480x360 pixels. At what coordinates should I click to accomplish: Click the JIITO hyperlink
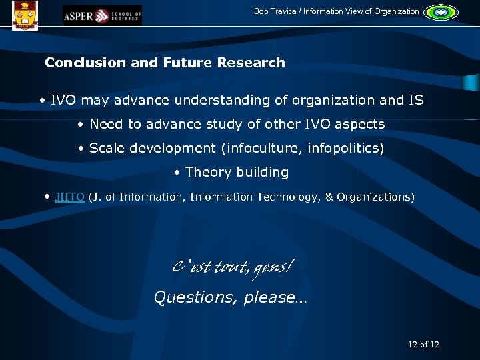pyautogui.click(x=69, y=197)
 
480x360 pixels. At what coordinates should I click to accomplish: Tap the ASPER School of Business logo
pyautogui.click(x=101, y=15)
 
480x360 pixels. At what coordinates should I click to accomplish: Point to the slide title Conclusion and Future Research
pyautogui.click(x=165, y=63)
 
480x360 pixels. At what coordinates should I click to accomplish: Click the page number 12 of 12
pyautogui.click(x=423, y=345)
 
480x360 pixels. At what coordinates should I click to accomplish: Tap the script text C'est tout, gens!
pyautogui.click(x=231, y=268)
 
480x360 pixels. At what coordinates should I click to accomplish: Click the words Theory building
pyautogui.click(x=237, y=172)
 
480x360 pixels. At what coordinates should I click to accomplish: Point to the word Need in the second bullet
pyautogui.click(x=105, y=124)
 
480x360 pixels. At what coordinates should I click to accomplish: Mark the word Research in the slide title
pyautogui.click(x=253, y=63)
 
